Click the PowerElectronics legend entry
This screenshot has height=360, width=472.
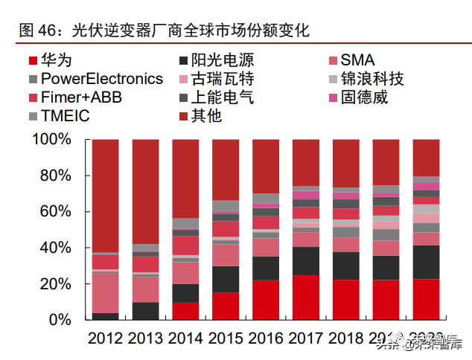[x=101, y=79]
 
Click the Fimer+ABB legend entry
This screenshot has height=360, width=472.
[x=81, y=97]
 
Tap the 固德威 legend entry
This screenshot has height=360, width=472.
[x=364, y=97]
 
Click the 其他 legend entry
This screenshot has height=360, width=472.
[x=205, y=116]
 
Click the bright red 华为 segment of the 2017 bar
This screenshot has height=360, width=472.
[x=306, y=298]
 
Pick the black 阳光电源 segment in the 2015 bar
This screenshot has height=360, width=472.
[x=226, y=279]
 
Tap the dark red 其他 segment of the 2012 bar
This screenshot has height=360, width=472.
[x=105, y=193]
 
